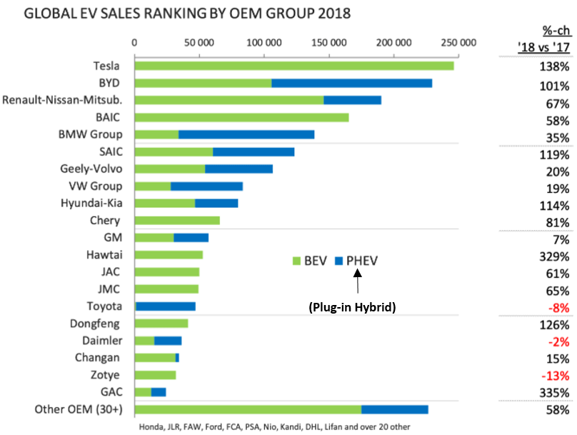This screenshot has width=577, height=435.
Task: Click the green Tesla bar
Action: [x=293, y=66]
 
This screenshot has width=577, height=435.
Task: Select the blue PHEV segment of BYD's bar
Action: [x=351, y=83]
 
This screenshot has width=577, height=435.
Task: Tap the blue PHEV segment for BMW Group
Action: [x=246, y=134]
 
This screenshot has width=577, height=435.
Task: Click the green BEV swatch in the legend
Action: [x=298, y=261]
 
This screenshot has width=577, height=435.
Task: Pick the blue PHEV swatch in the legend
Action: [x=339, y=261]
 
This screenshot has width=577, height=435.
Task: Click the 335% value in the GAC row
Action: [x=554, y=393]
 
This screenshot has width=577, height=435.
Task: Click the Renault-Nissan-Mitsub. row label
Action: [x=62, y=100]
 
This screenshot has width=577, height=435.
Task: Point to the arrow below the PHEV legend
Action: [x=356, y=284]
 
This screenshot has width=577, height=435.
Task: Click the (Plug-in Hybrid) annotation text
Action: [x=352, y=306]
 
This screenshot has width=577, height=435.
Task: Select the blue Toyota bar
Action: [x=166, y=306]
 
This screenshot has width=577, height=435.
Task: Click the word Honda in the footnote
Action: [x=153, y=427]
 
